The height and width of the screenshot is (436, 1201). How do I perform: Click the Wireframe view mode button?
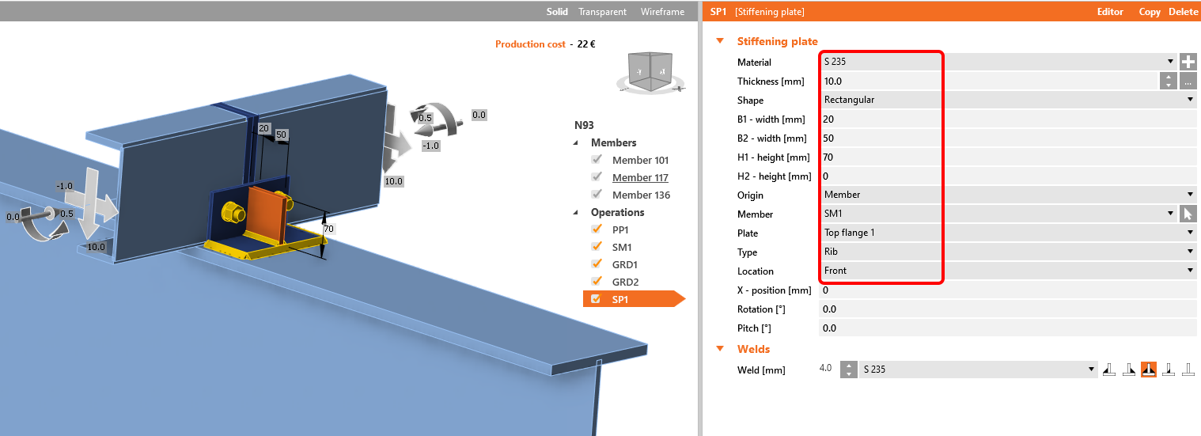tap(662, 11)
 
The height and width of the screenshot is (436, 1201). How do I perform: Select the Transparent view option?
tap(602, 11)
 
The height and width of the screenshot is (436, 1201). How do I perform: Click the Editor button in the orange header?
tap(1110, 11)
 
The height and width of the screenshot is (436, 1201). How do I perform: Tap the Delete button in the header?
tap(1183, 11)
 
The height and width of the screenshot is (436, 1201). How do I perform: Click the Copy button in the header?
tap(1150, 11)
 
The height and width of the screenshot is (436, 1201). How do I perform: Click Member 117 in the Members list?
tap(640, 177)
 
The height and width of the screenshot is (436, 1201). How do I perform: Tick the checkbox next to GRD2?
tap(597, 281)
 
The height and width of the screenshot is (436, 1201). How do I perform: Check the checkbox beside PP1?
tap(597, 229)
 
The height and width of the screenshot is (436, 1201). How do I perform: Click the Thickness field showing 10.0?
tap(989, 81)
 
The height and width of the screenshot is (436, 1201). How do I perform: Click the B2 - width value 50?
tap(1008, 138)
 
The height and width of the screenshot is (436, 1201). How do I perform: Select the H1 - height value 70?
tap(1008, 157)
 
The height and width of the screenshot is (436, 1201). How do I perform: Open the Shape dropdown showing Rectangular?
tap(1008, 100)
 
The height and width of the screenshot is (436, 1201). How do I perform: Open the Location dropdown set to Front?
tap(1008, 271)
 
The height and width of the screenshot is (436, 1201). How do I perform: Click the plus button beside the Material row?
tap(1188, 62)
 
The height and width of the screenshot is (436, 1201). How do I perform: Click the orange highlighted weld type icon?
tap(1149, 369)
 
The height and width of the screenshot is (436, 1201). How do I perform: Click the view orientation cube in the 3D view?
tap(650, 70)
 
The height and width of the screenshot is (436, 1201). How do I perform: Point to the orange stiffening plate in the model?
tap(266, 214)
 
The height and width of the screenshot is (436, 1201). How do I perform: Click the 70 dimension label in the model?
tap(328, 229)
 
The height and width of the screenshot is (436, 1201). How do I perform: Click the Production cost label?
tap(530, 44)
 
